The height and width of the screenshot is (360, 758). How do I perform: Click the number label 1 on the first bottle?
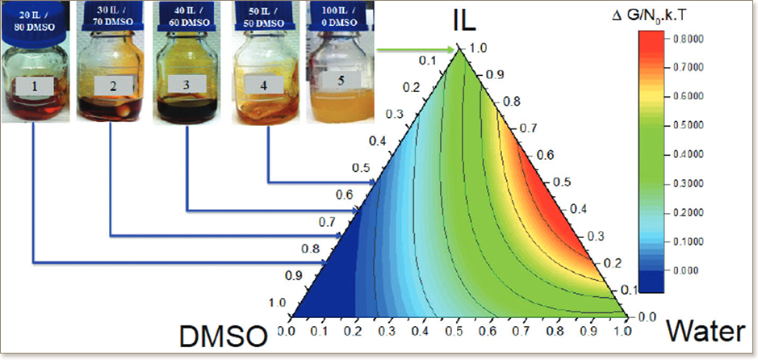click(x=35, y=83)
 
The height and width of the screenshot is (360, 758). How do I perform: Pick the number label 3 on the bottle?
click(x=187, y=84)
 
